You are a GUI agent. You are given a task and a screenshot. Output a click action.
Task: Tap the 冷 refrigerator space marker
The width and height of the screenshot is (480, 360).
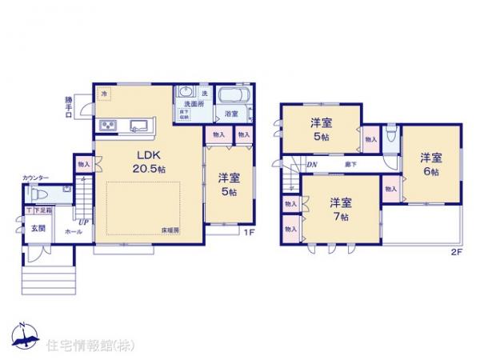tap(104, 94)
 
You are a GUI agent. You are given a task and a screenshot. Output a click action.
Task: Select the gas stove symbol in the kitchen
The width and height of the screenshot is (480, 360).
tap(108, 124)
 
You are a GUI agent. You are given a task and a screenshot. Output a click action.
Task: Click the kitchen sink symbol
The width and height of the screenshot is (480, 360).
tap(137, 124)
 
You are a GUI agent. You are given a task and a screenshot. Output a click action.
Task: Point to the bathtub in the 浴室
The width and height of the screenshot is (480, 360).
tap(235, 96)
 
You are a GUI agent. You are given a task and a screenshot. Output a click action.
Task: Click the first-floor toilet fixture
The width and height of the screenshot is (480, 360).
tap(38, 193)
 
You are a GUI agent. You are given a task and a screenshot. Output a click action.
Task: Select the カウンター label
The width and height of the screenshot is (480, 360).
tap(35, 178)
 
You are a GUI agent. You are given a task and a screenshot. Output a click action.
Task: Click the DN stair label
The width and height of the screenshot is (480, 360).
tap(311, 165)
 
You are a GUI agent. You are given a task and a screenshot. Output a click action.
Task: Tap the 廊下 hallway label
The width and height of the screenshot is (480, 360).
tap(350, 165)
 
